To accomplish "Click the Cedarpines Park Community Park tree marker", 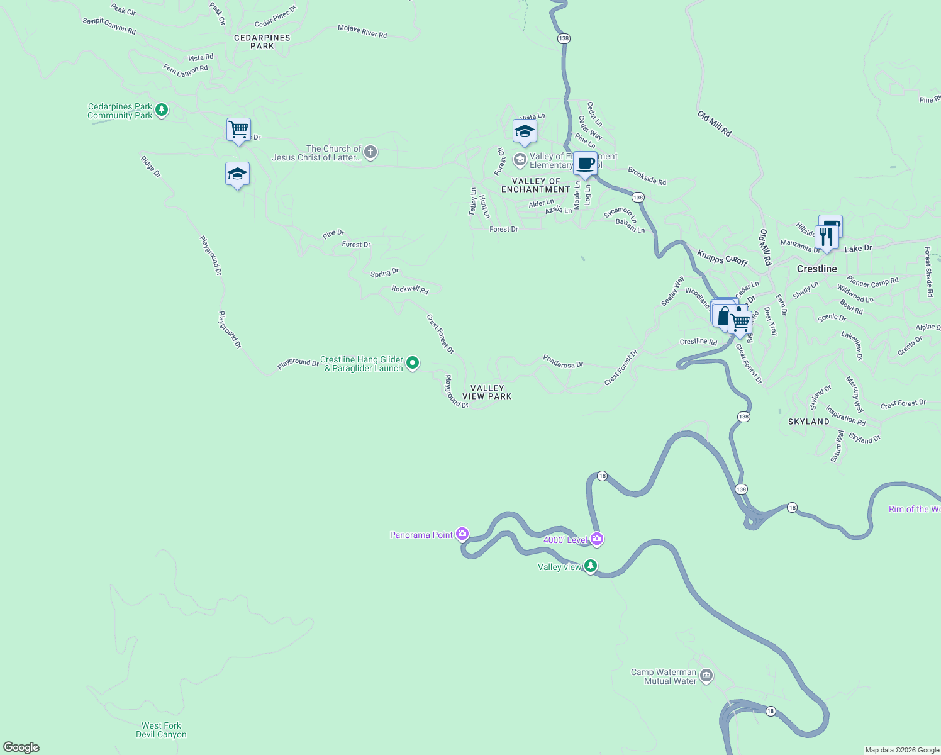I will point(162,111).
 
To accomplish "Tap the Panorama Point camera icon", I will point(462,534).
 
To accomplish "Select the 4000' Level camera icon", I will point(597,539).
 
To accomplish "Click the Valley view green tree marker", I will point(590,566).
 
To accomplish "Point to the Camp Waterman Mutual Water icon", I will point(706,676).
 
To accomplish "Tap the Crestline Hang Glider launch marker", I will point(413,362).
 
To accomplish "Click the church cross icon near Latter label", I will point(370,152).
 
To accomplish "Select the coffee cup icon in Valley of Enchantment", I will point(585,164).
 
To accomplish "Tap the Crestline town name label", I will point(816,269).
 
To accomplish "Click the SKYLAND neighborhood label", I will point(808,422).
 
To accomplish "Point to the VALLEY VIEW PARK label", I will point(487,393).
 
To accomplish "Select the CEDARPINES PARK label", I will point(262,42).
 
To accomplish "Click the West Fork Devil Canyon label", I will point(161,730).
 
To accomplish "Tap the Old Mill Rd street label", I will point(715,124).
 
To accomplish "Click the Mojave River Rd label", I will point(362,31).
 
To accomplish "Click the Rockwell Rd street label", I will point(409,289).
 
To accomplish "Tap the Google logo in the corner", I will point(21,747).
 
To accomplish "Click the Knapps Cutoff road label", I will point(722,258).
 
